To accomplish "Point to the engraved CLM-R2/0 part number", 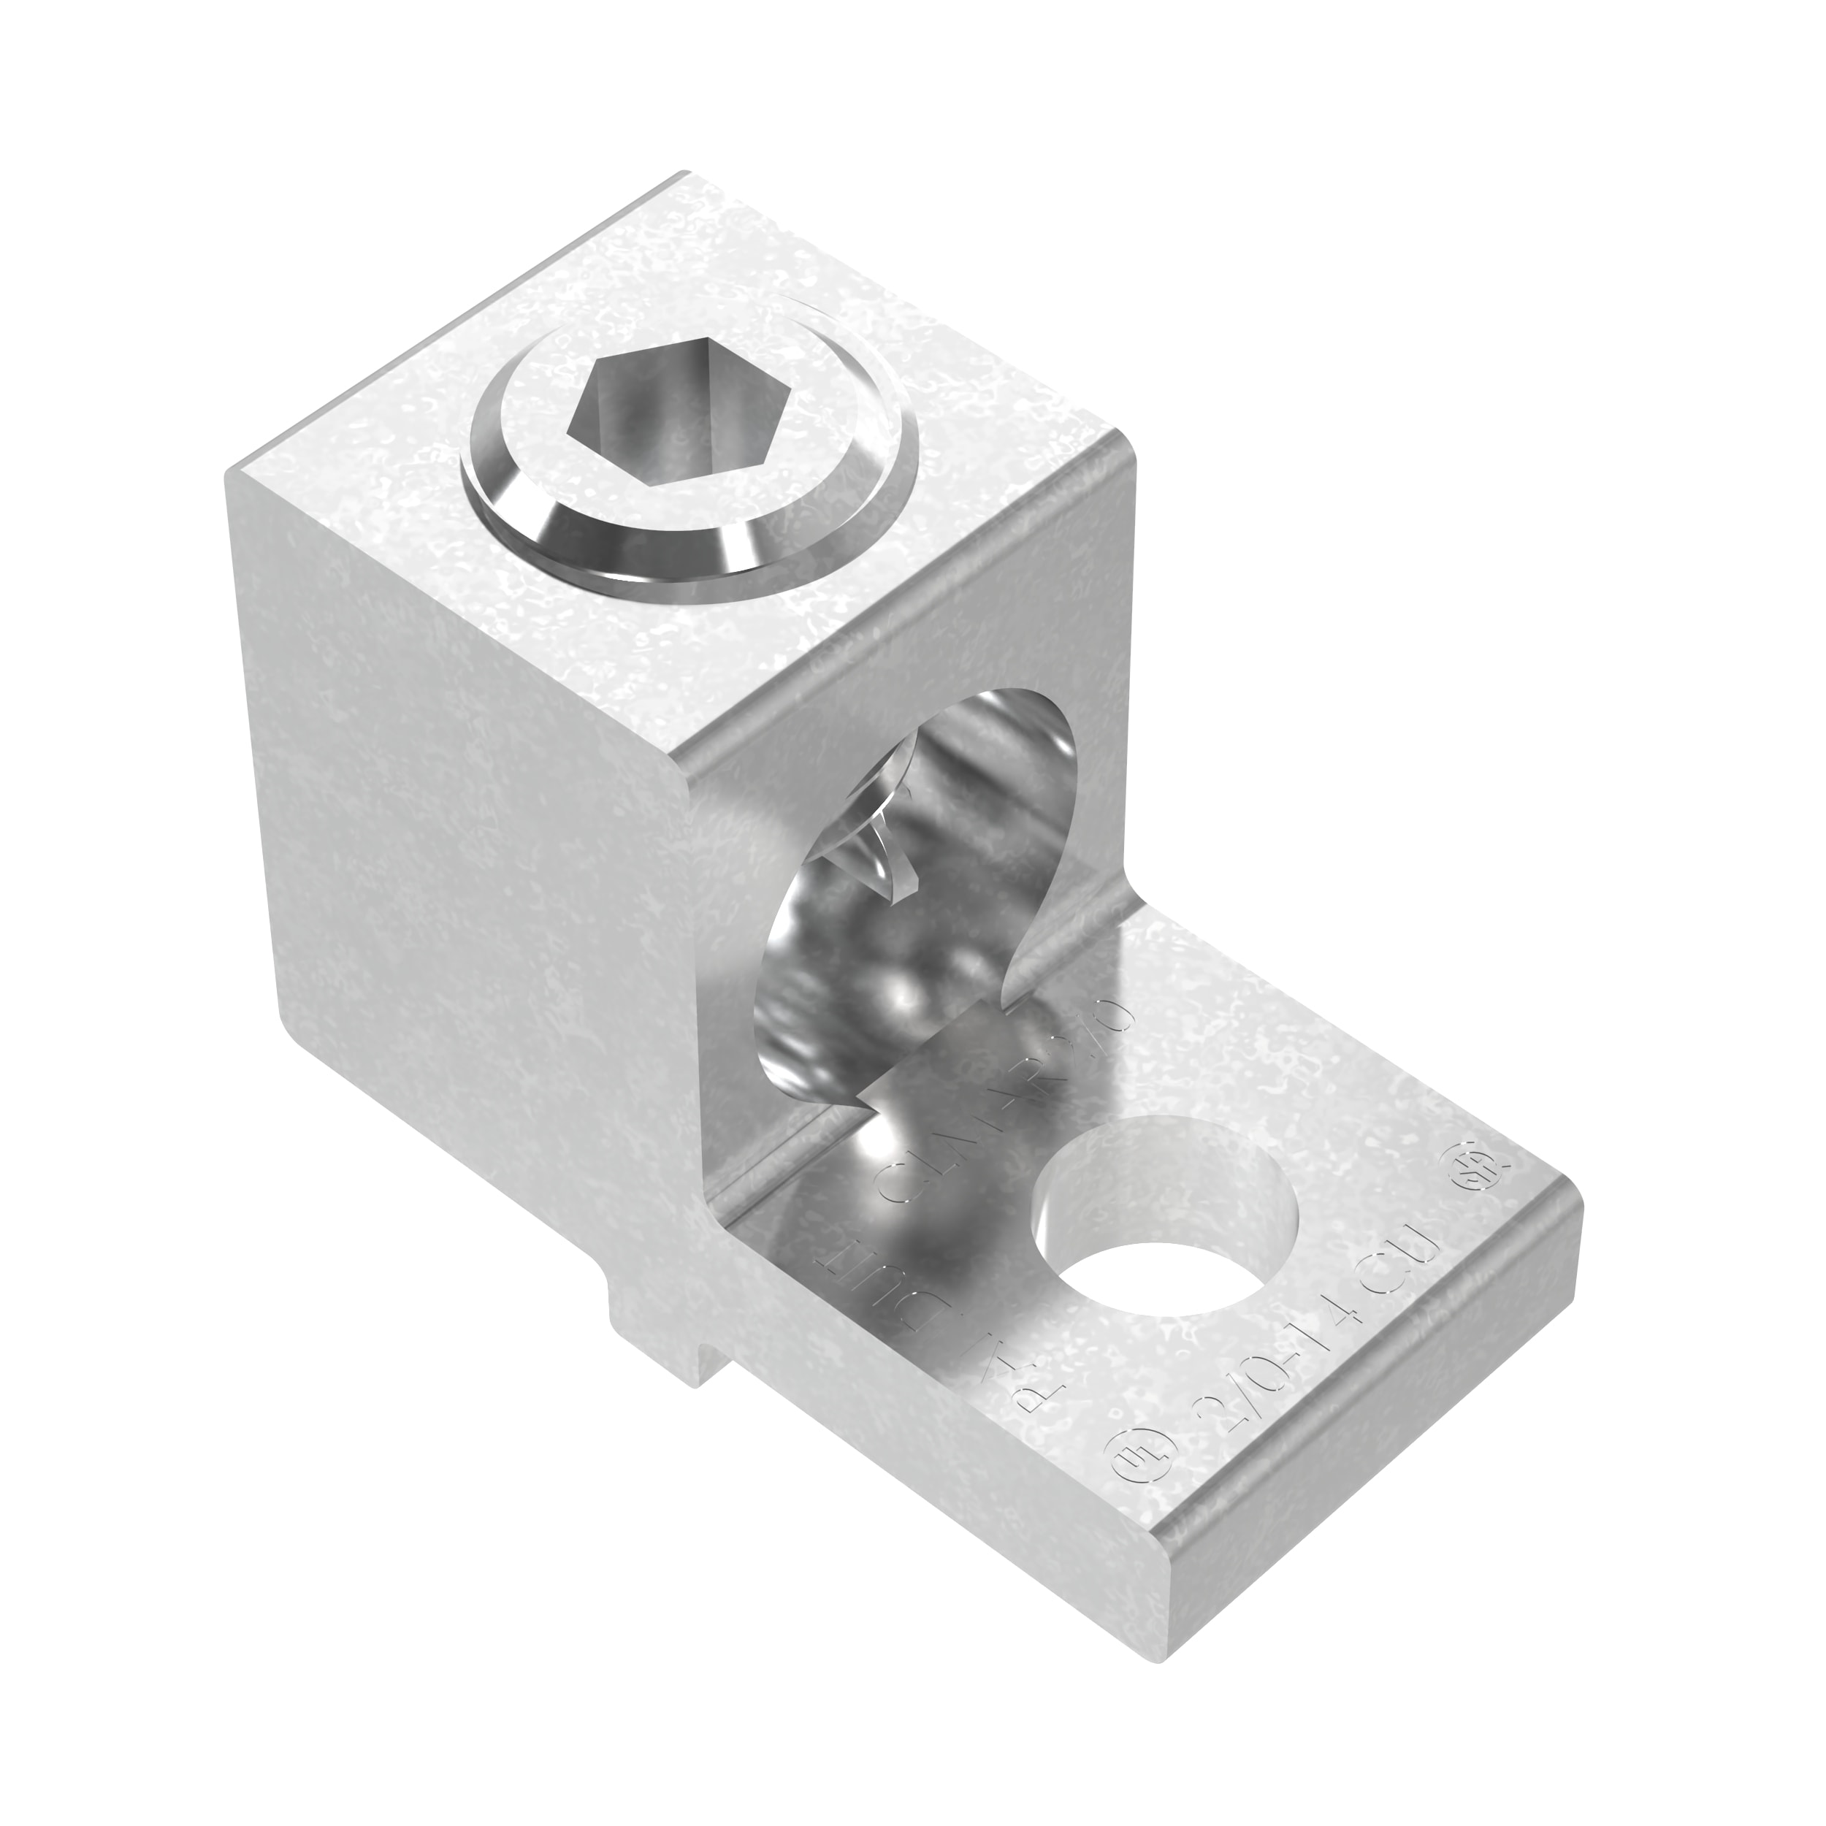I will (x=1002, y=1106).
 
